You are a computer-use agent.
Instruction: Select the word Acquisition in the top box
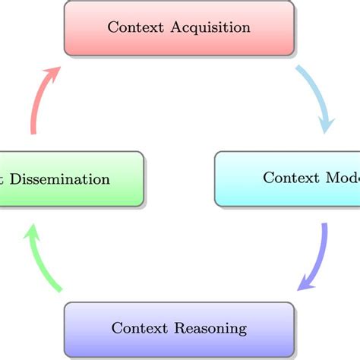(x=212, y=28)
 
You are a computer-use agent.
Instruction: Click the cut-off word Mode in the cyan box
(x=343, y=178)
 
